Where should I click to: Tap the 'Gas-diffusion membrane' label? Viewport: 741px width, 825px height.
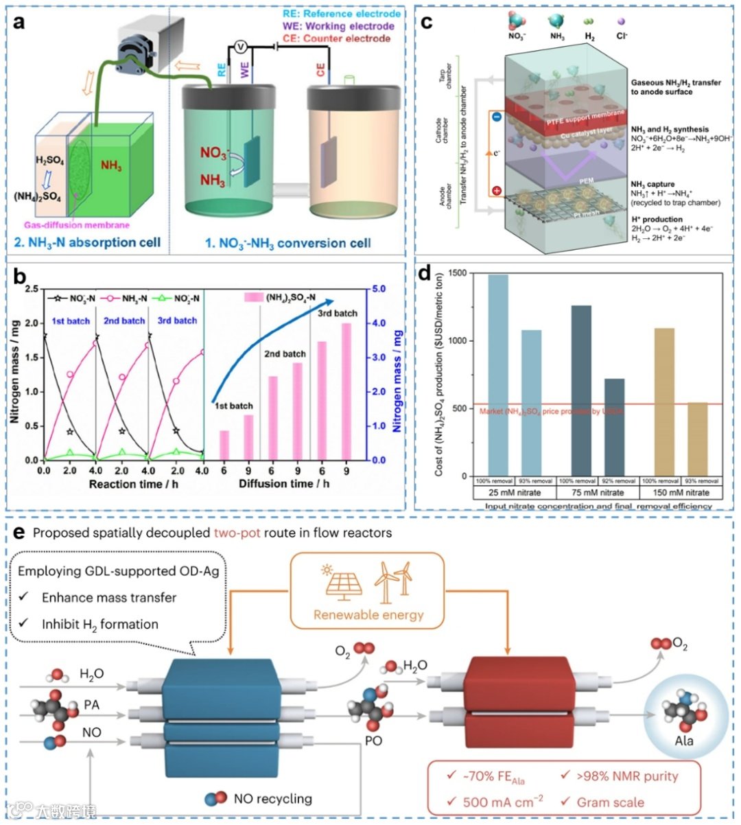pos(76,224)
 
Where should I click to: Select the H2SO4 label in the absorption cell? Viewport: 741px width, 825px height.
pos(50,161)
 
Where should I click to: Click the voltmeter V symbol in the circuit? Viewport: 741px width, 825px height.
pos(241,47)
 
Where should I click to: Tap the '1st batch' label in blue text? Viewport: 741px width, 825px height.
pos(71,321)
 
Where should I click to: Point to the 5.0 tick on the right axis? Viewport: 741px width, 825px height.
pos(379,289)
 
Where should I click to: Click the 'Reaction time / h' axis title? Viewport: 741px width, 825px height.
pos(123,484)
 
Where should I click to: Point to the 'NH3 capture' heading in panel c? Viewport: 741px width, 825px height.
pos(652,184)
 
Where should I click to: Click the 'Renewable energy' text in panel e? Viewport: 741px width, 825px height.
pos(368,614)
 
